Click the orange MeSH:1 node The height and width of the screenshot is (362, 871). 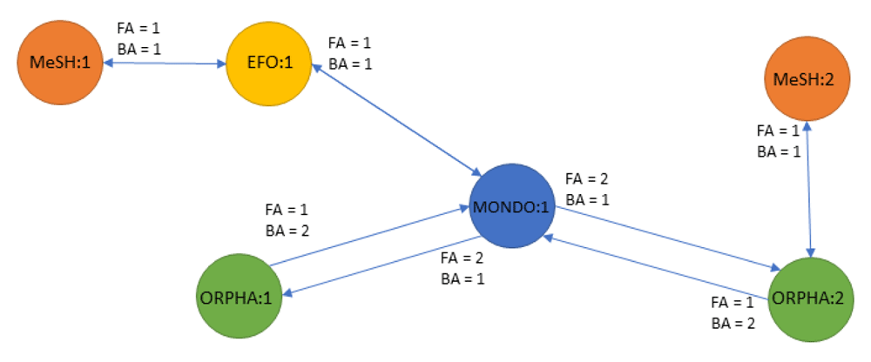58,63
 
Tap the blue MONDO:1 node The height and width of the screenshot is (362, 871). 510,206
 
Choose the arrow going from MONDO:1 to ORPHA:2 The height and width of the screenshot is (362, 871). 662,243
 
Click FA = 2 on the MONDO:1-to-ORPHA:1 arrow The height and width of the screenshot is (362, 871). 462,258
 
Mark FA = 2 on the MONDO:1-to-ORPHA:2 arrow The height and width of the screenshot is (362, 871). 587,179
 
